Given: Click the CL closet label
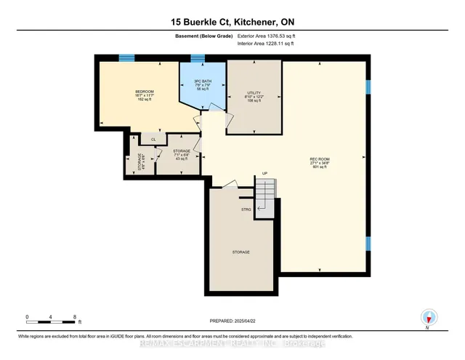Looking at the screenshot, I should click(153, 139).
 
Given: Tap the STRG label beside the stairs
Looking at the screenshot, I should click(246, 209).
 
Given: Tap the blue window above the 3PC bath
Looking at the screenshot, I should click(198, 58).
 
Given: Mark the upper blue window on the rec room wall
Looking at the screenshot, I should click(368, 87).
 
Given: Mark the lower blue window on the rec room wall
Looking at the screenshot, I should click(368, 244).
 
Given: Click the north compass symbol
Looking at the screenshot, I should click(429, 318).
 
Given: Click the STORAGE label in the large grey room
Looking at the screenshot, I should click(241, 252).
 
